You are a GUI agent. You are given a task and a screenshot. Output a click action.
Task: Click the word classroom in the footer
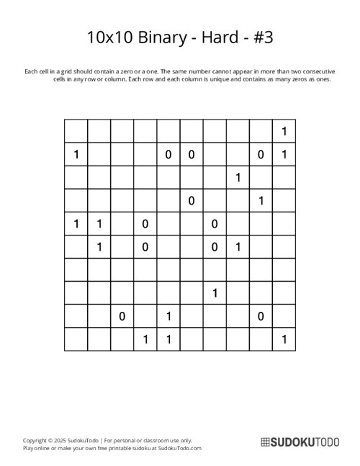152,439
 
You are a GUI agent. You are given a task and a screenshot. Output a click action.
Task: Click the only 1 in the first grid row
284,131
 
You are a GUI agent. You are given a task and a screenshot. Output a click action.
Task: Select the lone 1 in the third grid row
238,177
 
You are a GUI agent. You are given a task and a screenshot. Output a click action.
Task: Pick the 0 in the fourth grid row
192,200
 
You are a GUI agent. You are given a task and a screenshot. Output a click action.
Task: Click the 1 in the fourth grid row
261,200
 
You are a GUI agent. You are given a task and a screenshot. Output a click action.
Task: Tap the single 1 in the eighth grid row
215,292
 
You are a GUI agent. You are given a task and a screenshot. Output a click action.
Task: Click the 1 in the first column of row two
76,154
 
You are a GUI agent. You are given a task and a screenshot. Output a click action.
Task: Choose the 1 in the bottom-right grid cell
284,339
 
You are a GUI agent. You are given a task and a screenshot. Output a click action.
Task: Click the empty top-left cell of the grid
76,131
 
